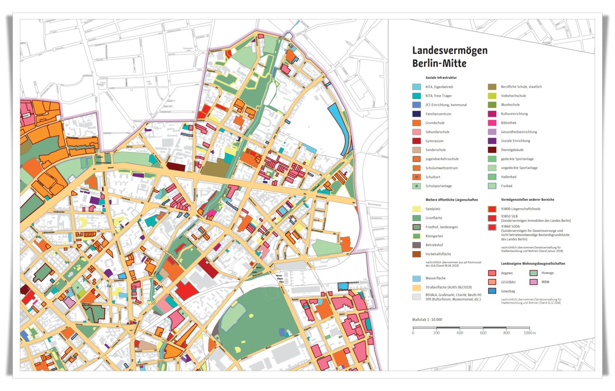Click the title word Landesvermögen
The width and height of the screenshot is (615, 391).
(x=449, y=50)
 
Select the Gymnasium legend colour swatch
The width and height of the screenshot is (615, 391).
(x=416, y=141)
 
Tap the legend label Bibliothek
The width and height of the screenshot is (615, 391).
(x=508, y=123)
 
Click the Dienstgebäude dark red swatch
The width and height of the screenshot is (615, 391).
(x=492, y=150)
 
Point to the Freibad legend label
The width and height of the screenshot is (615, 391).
(x=506, y=186)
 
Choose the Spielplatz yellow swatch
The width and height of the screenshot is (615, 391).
(x=416, y=209)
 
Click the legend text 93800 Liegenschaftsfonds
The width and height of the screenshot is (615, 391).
(x=520, y=209)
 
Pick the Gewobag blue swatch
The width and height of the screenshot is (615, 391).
(x=492, y=291)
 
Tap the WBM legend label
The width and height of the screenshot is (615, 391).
(x=545, y=282)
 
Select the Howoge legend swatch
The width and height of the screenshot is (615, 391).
(x=533, y=273)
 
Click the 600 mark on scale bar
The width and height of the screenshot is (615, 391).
(x=483, y=333)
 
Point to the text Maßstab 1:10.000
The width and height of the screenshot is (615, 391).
(x=427, y=320)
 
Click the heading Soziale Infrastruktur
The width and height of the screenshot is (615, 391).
(x=441, y=78)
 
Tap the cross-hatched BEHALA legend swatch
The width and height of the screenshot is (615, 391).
(x=416, y=297)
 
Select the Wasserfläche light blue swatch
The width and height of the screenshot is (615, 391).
(x=416, y=278)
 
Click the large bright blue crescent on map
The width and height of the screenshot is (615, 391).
(x=341, y=126)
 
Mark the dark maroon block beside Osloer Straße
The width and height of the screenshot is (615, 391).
(x=176, y=167)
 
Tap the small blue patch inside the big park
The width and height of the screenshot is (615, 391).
(x=282, y=332)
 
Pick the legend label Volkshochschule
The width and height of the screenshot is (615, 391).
(x=513, y=96)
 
